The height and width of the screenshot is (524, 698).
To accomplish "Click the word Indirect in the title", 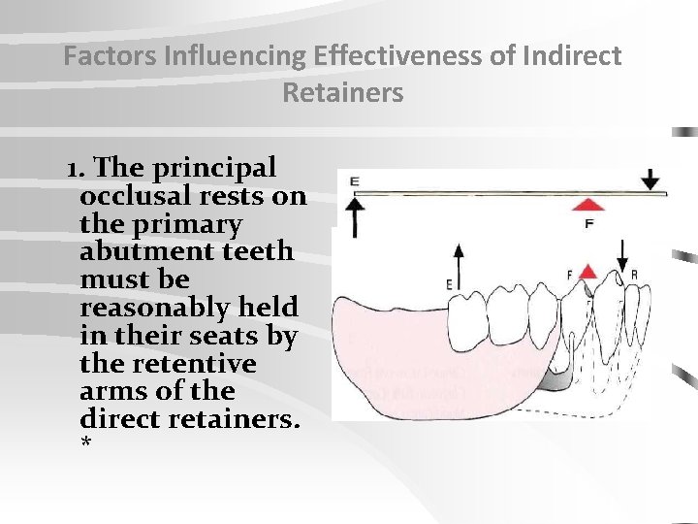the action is tap(571, 56).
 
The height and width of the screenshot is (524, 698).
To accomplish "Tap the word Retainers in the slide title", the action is tap(342, 93).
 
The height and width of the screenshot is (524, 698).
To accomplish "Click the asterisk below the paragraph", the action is tap(86, 444).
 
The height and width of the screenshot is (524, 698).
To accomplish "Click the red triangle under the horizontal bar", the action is tap(587, 205).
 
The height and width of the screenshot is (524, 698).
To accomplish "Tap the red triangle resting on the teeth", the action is tap(587, 273).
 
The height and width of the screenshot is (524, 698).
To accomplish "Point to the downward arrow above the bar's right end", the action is tap(650, 180).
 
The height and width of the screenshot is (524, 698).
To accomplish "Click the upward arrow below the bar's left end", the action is tap(354, 215).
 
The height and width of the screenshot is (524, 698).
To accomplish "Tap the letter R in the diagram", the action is tap(634, 275).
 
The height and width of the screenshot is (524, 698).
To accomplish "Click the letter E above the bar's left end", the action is tap(354, 180).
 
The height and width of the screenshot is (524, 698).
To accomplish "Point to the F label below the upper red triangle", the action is tap(588, 223).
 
